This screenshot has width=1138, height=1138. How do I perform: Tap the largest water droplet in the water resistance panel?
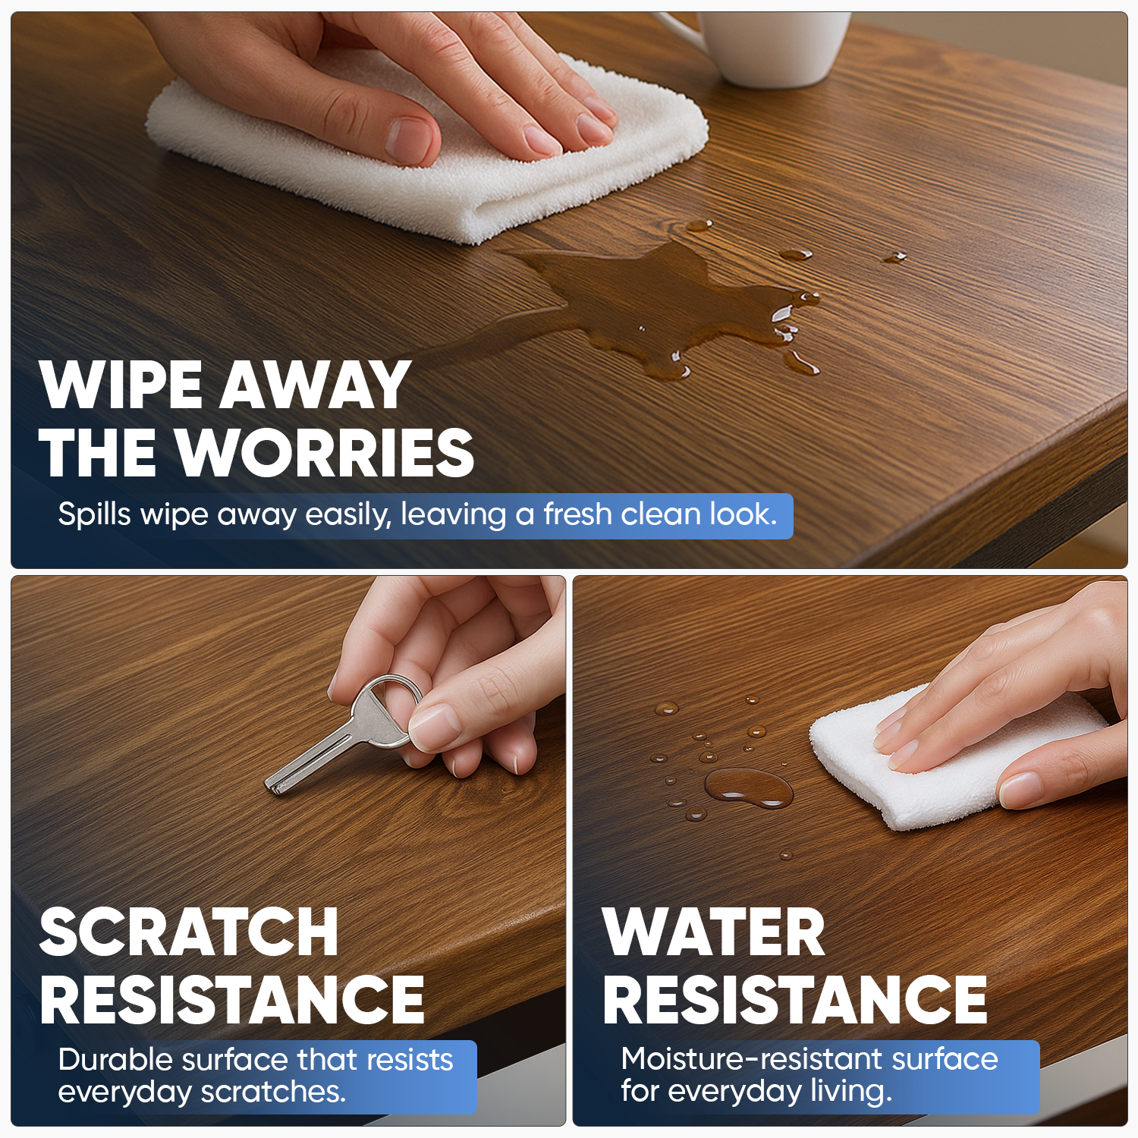click(748, 787)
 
